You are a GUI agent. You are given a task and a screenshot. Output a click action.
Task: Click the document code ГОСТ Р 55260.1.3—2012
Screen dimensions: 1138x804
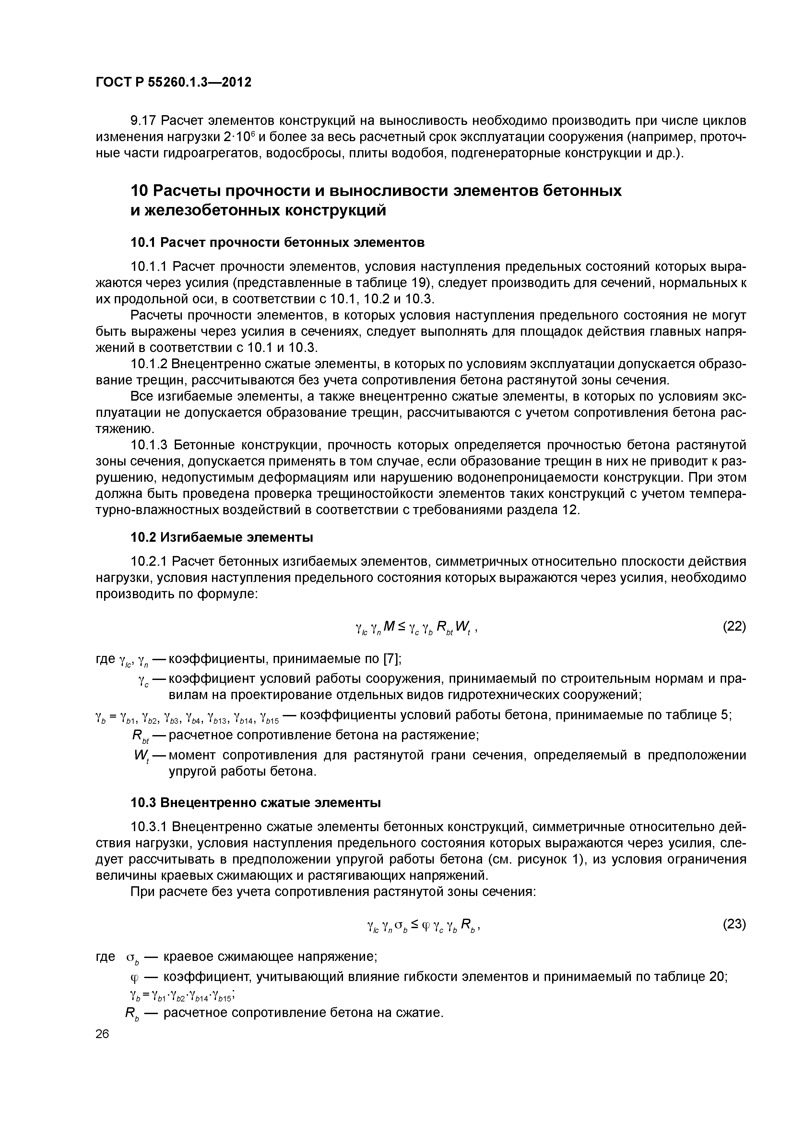click(x=173, y=82)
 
